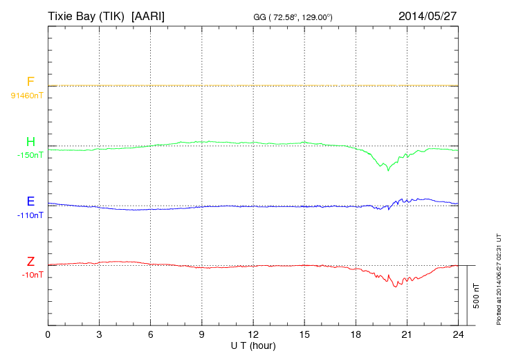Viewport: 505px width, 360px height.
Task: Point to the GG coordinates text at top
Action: tap(293, 16)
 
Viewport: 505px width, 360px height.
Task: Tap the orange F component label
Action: tap(30, 82)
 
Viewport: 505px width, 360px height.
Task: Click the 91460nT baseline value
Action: tap(27, 96)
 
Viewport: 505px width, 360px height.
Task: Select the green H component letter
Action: tap(30, 143)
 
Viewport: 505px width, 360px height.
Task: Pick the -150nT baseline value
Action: tap(30, 155)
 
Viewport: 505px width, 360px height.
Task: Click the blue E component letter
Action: tap(30, 202)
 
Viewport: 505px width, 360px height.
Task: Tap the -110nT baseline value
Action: tap(30, 215)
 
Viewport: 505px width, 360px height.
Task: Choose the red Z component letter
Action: tap(30, 262)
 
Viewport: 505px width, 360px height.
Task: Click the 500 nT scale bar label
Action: tap(476, 296)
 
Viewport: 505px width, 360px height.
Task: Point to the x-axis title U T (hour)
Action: tap(253, 345)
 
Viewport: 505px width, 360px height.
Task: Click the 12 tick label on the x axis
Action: tap(253, 334)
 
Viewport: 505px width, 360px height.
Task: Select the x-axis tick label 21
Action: tap(407, 334)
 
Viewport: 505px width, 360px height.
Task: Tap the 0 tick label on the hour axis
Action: tap(48, 334)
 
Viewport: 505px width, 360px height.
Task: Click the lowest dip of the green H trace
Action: tap(388, 170)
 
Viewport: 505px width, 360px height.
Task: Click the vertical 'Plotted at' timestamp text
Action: tap(497, 277)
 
